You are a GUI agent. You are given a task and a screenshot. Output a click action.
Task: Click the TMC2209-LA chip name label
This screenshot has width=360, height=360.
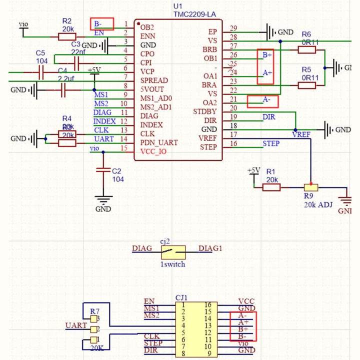point(195,14)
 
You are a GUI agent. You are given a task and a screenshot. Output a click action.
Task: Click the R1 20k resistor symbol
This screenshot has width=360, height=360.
point(271,187)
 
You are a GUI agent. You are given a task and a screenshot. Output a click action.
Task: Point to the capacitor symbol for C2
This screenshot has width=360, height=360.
point(103,170)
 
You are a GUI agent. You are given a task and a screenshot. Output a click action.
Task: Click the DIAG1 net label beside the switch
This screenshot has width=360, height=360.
point(210,248)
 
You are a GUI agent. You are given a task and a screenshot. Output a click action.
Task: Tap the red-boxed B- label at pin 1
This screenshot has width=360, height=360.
point(102,23)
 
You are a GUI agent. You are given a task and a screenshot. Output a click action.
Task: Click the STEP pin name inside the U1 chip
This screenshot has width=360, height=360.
point(208,147)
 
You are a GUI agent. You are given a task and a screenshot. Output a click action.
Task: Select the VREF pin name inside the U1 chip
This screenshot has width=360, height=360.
point(207,138)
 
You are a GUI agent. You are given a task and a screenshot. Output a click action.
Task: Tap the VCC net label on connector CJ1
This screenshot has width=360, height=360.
point(246,301)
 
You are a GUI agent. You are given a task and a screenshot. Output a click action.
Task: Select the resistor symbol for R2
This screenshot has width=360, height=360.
point(67,36)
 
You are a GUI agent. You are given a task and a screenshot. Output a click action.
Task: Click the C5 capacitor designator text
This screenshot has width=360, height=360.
point(41,53)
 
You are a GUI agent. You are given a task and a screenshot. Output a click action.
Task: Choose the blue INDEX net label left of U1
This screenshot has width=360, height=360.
point(104,121)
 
